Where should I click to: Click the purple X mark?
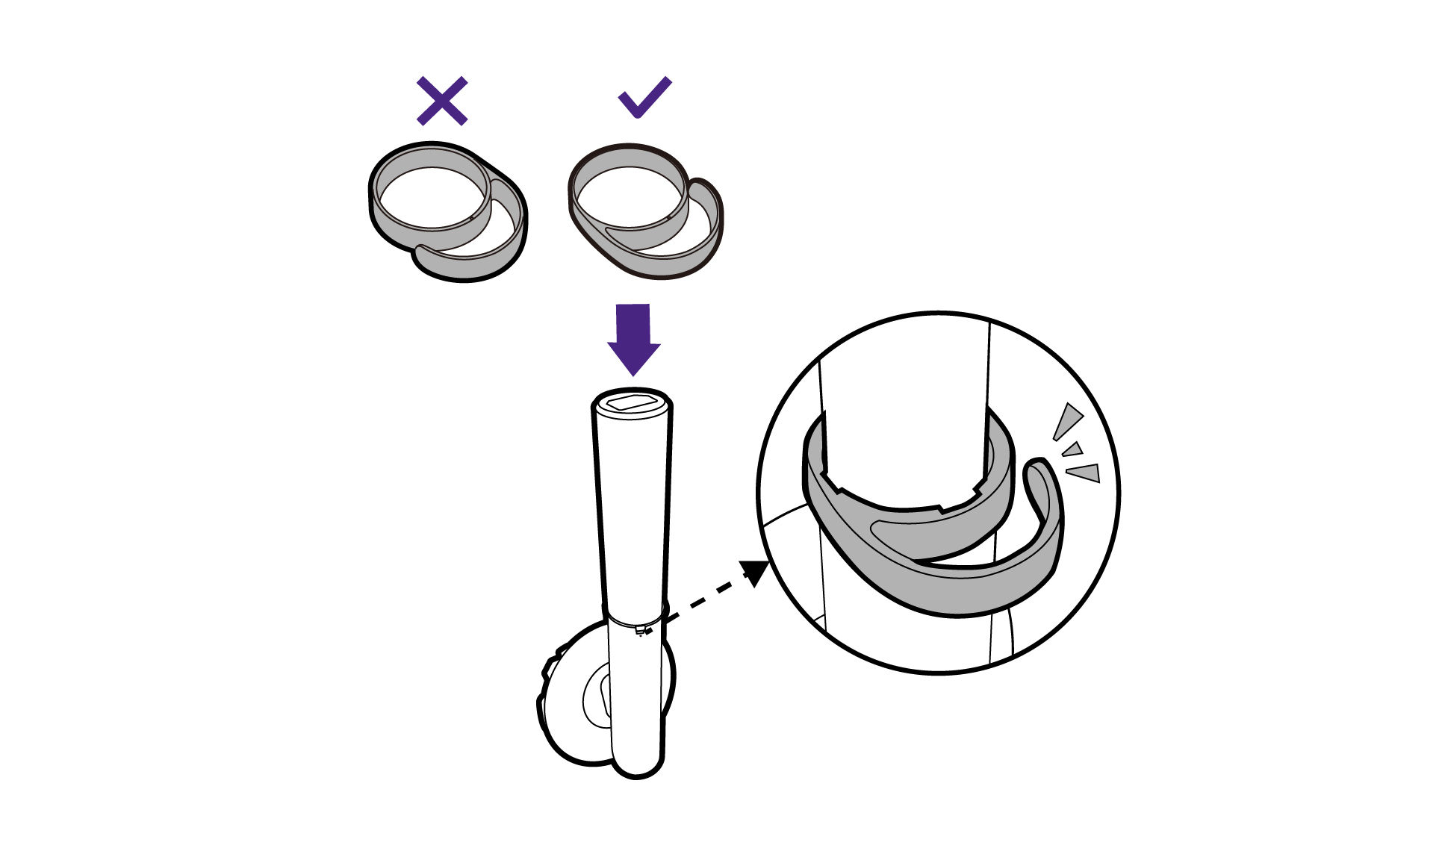442,100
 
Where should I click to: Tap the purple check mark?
644,98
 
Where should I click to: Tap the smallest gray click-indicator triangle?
1073,449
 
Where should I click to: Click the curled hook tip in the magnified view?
1037,473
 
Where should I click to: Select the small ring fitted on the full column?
635,619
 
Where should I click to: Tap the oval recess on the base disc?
597,697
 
